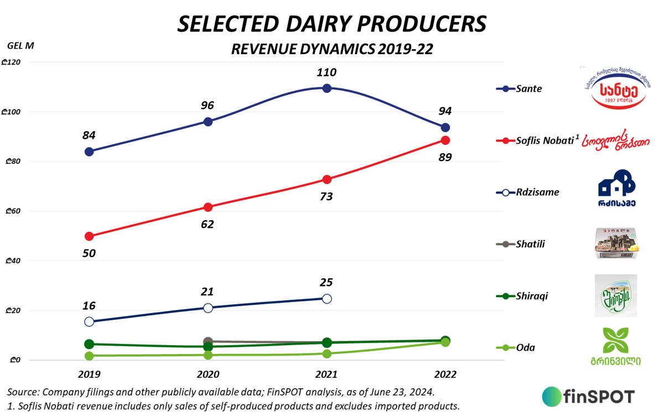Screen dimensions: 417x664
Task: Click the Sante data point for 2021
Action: click(x=326, y=88)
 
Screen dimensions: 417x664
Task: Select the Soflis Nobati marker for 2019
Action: click(x=89, y=236)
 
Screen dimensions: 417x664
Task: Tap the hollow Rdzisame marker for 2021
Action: click(x=326, y=299)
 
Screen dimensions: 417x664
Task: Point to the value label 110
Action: click(x=326, y=72)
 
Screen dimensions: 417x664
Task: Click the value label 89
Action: click(x=444, y=157)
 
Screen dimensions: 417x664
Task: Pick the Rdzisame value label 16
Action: click(x=89, y=305)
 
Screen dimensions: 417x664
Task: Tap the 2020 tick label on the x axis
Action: click(x=207, y=374)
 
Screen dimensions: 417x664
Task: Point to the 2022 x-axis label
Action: click(x=445, y=374)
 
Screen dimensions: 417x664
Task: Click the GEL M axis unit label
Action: click(x=21, y=46)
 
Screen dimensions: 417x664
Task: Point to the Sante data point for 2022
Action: click(x=445, y=128)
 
